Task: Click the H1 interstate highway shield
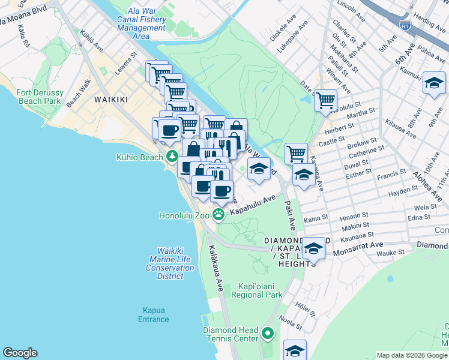(x=405, y=24)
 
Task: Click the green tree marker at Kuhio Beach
(x=172, y=157)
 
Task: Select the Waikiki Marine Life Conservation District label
(x=170, y=263)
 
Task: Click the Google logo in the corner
(x=20, y=353)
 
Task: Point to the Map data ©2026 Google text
(x=411, y=355)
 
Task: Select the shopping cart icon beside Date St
(x=325, y=100)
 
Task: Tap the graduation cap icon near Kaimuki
(x=433, y=83)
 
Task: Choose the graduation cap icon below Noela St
(x=295, y=350)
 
